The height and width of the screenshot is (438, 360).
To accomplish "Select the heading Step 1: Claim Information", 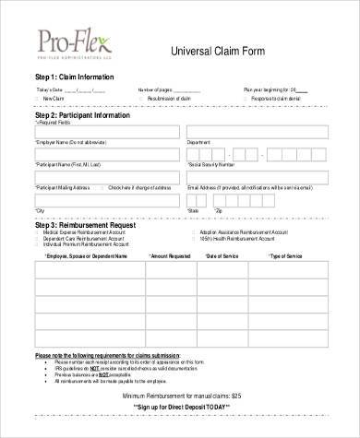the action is [x=74, y=76].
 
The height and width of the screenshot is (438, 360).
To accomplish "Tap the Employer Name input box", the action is [x=106, y=132].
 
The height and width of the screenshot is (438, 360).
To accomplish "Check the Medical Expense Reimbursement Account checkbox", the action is [x=37, y=232].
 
